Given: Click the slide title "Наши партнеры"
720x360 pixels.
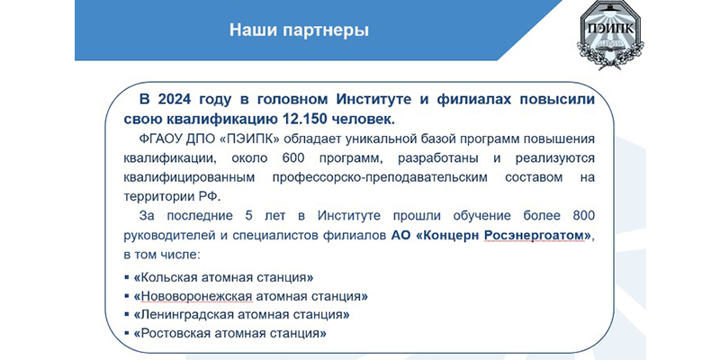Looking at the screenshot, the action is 299,31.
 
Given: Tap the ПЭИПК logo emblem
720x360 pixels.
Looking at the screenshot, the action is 610,33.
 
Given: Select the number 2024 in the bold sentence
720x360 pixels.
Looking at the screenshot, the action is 174,99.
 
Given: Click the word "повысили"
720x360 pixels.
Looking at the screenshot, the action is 558,99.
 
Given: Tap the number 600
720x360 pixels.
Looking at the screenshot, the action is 289,158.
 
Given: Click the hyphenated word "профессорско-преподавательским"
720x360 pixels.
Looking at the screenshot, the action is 379,177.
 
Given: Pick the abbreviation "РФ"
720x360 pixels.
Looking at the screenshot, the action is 210,196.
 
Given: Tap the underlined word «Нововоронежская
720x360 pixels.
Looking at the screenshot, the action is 193,297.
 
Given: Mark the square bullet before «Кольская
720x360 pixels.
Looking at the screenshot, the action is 126,278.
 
